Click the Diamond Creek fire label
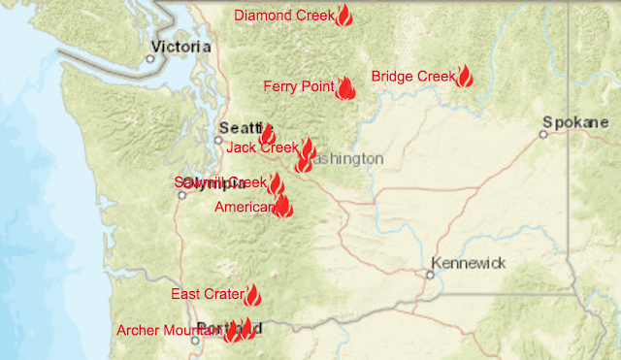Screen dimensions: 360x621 point(283,16)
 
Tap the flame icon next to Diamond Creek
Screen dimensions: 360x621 point(343,16)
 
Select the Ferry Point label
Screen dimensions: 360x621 point(299,87)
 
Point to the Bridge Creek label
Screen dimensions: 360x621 point(412,76)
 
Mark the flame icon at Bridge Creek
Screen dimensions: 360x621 point(464,77)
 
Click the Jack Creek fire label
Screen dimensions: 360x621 point(262,147)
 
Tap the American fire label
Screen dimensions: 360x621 point(245,208)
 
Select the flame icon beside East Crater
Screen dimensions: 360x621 point(253,295)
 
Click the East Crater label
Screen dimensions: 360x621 point(207,294)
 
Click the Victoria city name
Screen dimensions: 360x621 point(181,46)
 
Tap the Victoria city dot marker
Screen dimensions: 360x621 point(149,58)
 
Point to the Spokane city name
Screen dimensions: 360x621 point(576,123)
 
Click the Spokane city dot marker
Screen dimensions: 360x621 point(543,134)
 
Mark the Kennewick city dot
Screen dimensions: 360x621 point(429,274)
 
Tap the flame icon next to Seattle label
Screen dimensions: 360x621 point(267,134)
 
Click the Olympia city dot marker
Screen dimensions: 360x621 point(181,194)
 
